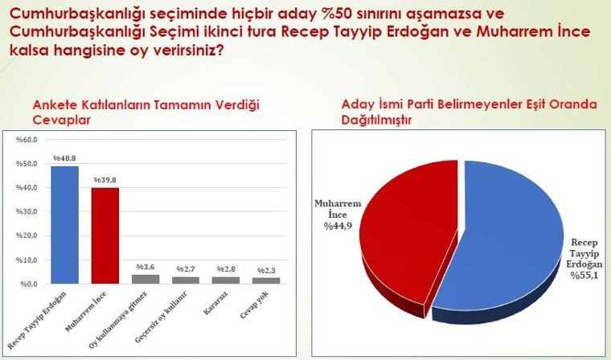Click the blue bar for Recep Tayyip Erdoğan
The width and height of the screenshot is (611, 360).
pos(64,225)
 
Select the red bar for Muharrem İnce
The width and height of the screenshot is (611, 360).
pos(105,235)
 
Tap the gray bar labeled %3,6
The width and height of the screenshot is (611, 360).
pos(146,280)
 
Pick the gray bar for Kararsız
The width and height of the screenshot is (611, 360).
pos(226,280)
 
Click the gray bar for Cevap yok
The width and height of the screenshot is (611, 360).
pos(266,281)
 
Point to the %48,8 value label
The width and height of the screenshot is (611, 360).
pos(64,158)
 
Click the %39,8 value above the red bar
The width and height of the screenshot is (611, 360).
pos(105,180)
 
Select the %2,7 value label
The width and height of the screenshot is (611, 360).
pos(186,269)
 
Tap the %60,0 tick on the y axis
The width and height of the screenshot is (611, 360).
pos(27,140)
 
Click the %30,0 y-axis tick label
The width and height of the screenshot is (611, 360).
pos(27,211)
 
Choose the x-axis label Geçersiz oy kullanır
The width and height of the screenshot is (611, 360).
pos(162,317)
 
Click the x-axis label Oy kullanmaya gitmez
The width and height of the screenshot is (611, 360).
pos(117,320)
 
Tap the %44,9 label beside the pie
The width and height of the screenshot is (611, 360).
pos(338,226)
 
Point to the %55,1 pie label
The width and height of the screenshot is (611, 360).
pos(584,276)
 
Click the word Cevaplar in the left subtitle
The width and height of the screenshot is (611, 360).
pos(62,120)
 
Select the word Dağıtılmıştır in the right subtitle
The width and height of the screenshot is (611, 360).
pos(376,120)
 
